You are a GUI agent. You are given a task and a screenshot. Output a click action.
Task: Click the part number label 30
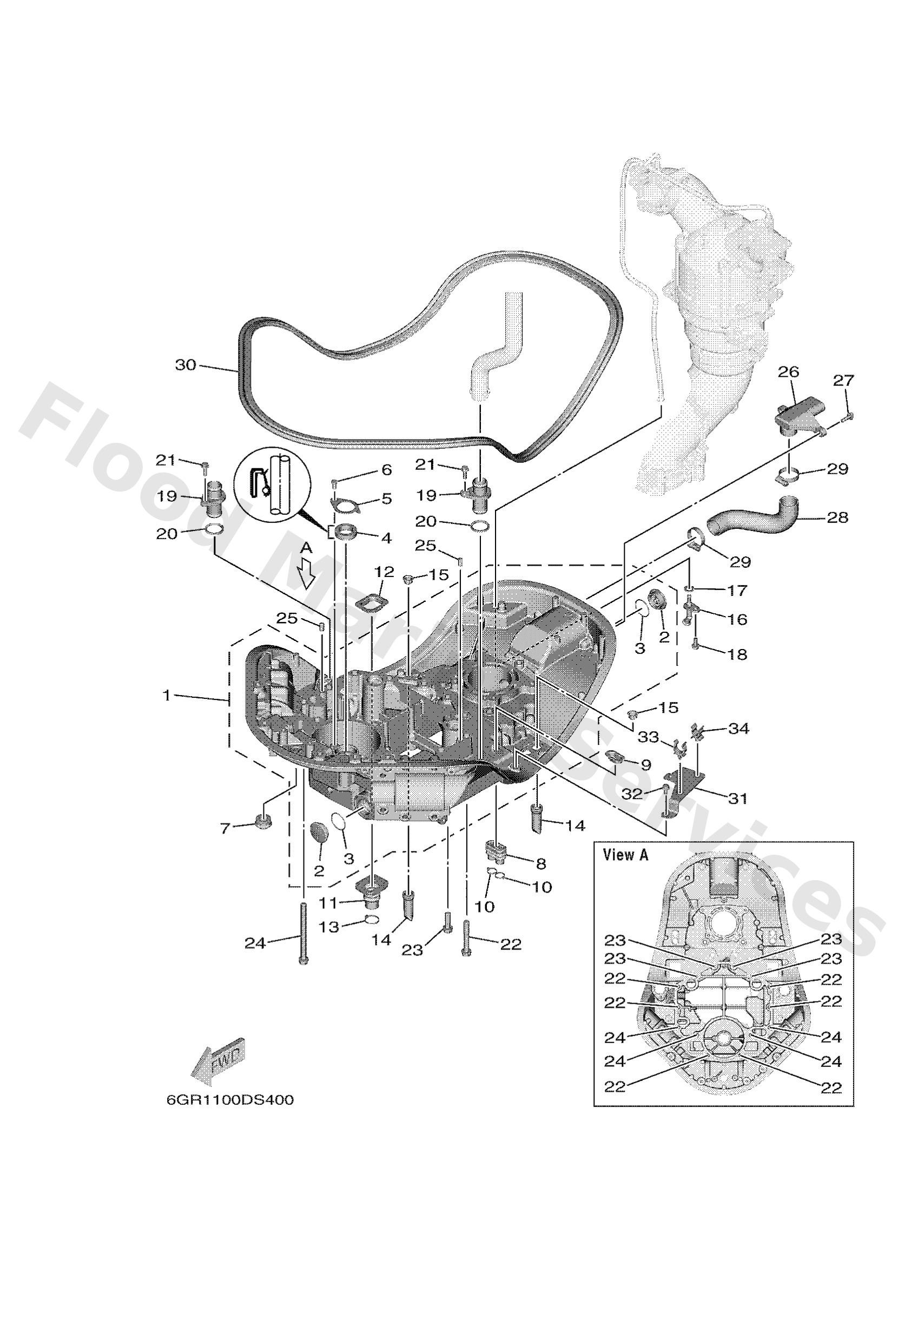186,365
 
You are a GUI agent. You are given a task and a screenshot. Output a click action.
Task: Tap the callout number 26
789,373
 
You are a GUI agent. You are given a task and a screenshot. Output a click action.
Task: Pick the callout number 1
167,696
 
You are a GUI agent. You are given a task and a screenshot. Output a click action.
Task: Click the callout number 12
384,572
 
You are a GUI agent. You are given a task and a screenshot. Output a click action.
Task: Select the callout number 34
738,729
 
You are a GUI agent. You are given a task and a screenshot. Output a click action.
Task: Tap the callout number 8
541,864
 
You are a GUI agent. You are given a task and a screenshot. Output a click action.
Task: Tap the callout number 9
645,764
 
